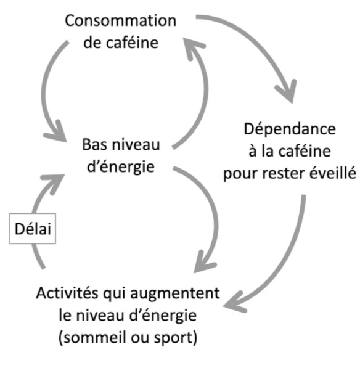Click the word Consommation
click(120, 21)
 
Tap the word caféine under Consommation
click(132, 43)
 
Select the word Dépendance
click(290, 129)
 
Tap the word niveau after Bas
click(136, 145)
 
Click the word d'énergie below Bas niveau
click(121, 167)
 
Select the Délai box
click(33, 229)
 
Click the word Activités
click(67, 293)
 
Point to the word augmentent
click(175, 294)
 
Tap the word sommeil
click(96, 338)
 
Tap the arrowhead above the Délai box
click(54, 183)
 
